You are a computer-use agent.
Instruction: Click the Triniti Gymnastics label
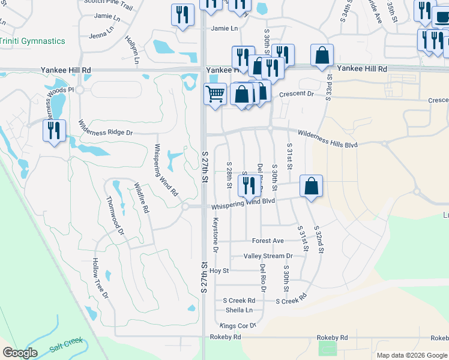point(32,41)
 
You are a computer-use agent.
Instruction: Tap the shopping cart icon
point(215,94)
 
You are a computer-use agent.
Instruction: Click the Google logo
point(20,353)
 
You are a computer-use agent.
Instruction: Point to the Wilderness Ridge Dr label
point(105,128)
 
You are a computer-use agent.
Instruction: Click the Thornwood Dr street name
point(115,214)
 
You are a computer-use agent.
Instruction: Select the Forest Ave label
point(268,241)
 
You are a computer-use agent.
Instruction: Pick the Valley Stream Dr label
point(268,256)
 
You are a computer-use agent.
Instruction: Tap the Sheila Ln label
point(239,310)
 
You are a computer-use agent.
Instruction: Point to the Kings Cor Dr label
point(238,325)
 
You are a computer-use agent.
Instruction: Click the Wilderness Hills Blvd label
point(327,140)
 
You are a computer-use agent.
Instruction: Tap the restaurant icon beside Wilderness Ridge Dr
point(54,130)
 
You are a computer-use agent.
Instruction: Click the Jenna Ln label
point(100,36)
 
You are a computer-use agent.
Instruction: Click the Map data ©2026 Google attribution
point(411,355)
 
